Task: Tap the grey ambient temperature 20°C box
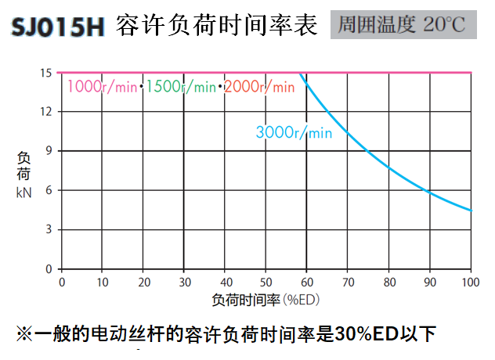[402, 25]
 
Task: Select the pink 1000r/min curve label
[102, 86]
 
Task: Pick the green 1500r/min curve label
[181, 86]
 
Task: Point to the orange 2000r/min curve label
[260, 86]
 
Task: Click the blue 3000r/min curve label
[294, 132]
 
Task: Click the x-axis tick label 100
[470, 282]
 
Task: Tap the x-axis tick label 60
[307, 282]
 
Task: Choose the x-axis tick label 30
[184, 282]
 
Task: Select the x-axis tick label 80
[388, 282]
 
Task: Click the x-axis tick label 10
[103, 282]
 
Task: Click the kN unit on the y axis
[23, 189]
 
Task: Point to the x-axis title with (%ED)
[266, 299]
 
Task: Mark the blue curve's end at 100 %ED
[470, 211]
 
